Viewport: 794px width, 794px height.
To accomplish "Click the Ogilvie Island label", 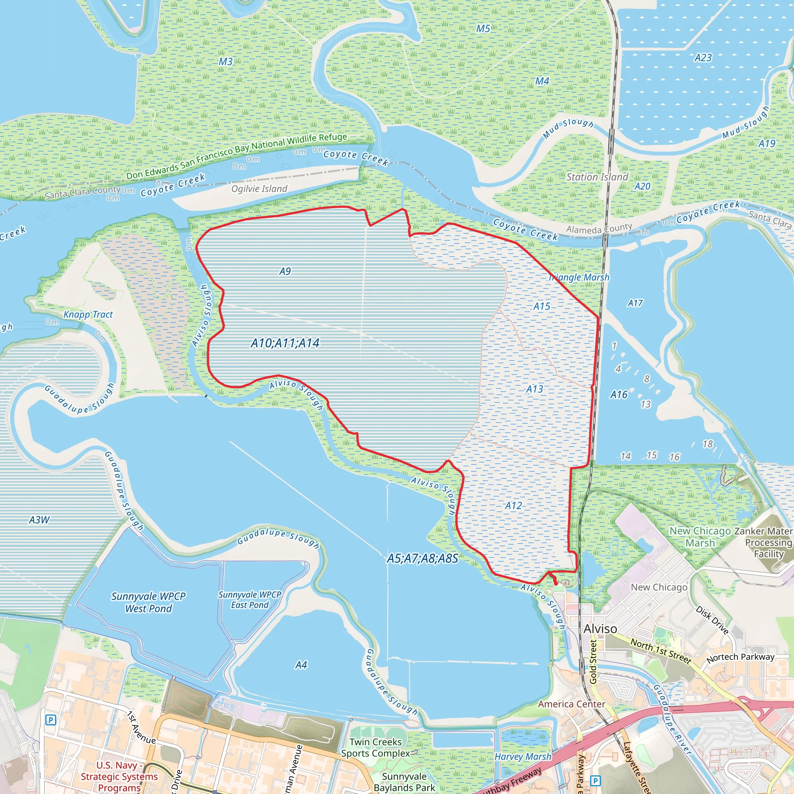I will (259, 189).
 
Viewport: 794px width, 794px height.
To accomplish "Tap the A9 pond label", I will (285, 271).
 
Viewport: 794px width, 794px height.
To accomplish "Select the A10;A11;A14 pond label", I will (285, 343).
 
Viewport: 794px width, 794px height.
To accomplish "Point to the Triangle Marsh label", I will (579, 278).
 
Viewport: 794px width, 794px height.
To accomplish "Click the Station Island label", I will (597, 177).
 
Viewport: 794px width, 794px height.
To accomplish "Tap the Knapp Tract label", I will (88, 314).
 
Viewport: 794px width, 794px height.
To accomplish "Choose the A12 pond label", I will (513, 506).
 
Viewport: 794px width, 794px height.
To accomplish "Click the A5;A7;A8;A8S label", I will (423, 559).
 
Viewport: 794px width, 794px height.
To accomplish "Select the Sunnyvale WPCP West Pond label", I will (148, 602).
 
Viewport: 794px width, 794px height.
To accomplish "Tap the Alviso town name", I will (600, 629).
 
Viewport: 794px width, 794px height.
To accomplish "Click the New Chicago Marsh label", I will (700, 537).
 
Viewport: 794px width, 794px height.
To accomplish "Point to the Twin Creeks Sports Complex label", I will (376, 747).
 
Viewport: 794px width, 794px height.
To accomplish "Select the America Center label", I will (571, 704).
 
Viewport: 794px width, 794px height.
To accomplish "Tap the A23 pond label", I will (703, 57).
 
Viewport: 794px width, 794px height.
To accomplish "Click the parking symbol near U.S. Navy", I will (50, 720).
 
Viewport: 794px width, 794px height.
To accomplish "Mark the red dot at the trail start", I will (556, 583).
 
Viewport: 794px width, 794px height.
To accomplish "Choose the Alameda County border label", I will (599, 228).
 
